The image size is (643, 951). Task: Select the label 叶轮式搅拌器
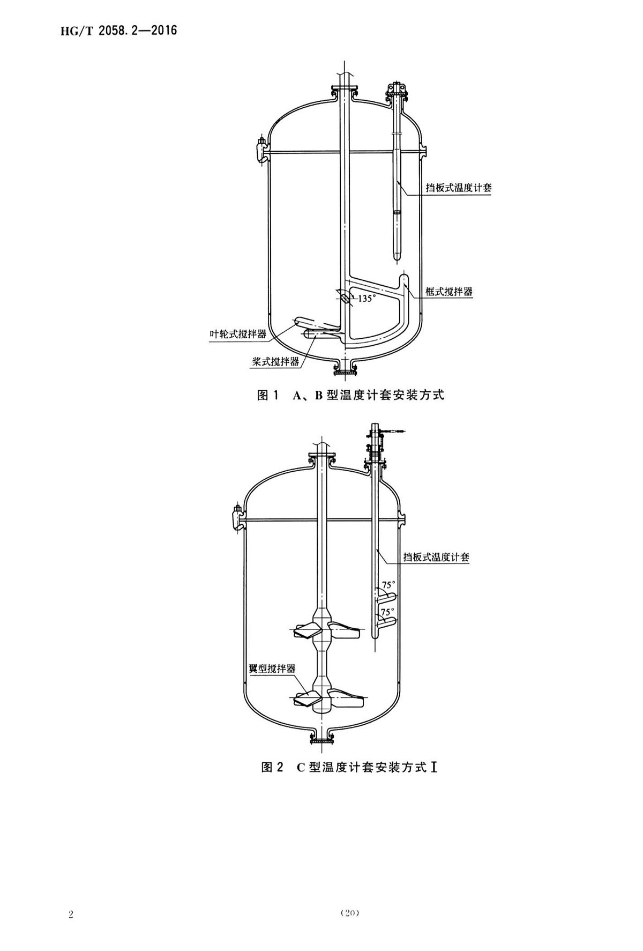pos(237,334)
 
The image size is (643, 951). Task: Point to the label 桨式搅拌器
pos(275,361)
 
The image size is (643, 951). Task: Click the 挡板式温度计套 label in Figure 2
pos(436,558)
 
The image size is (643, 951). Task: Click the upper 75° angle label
pos(388,585)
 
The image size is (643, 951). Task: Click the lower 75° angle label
pos(387,611)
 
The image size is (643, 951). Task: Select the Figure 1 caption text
pos(351,396)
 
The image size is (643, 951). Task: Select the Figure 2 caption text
pos(349,767)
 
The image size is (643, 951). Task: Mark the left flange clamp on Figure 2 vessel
pos(236,517)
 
